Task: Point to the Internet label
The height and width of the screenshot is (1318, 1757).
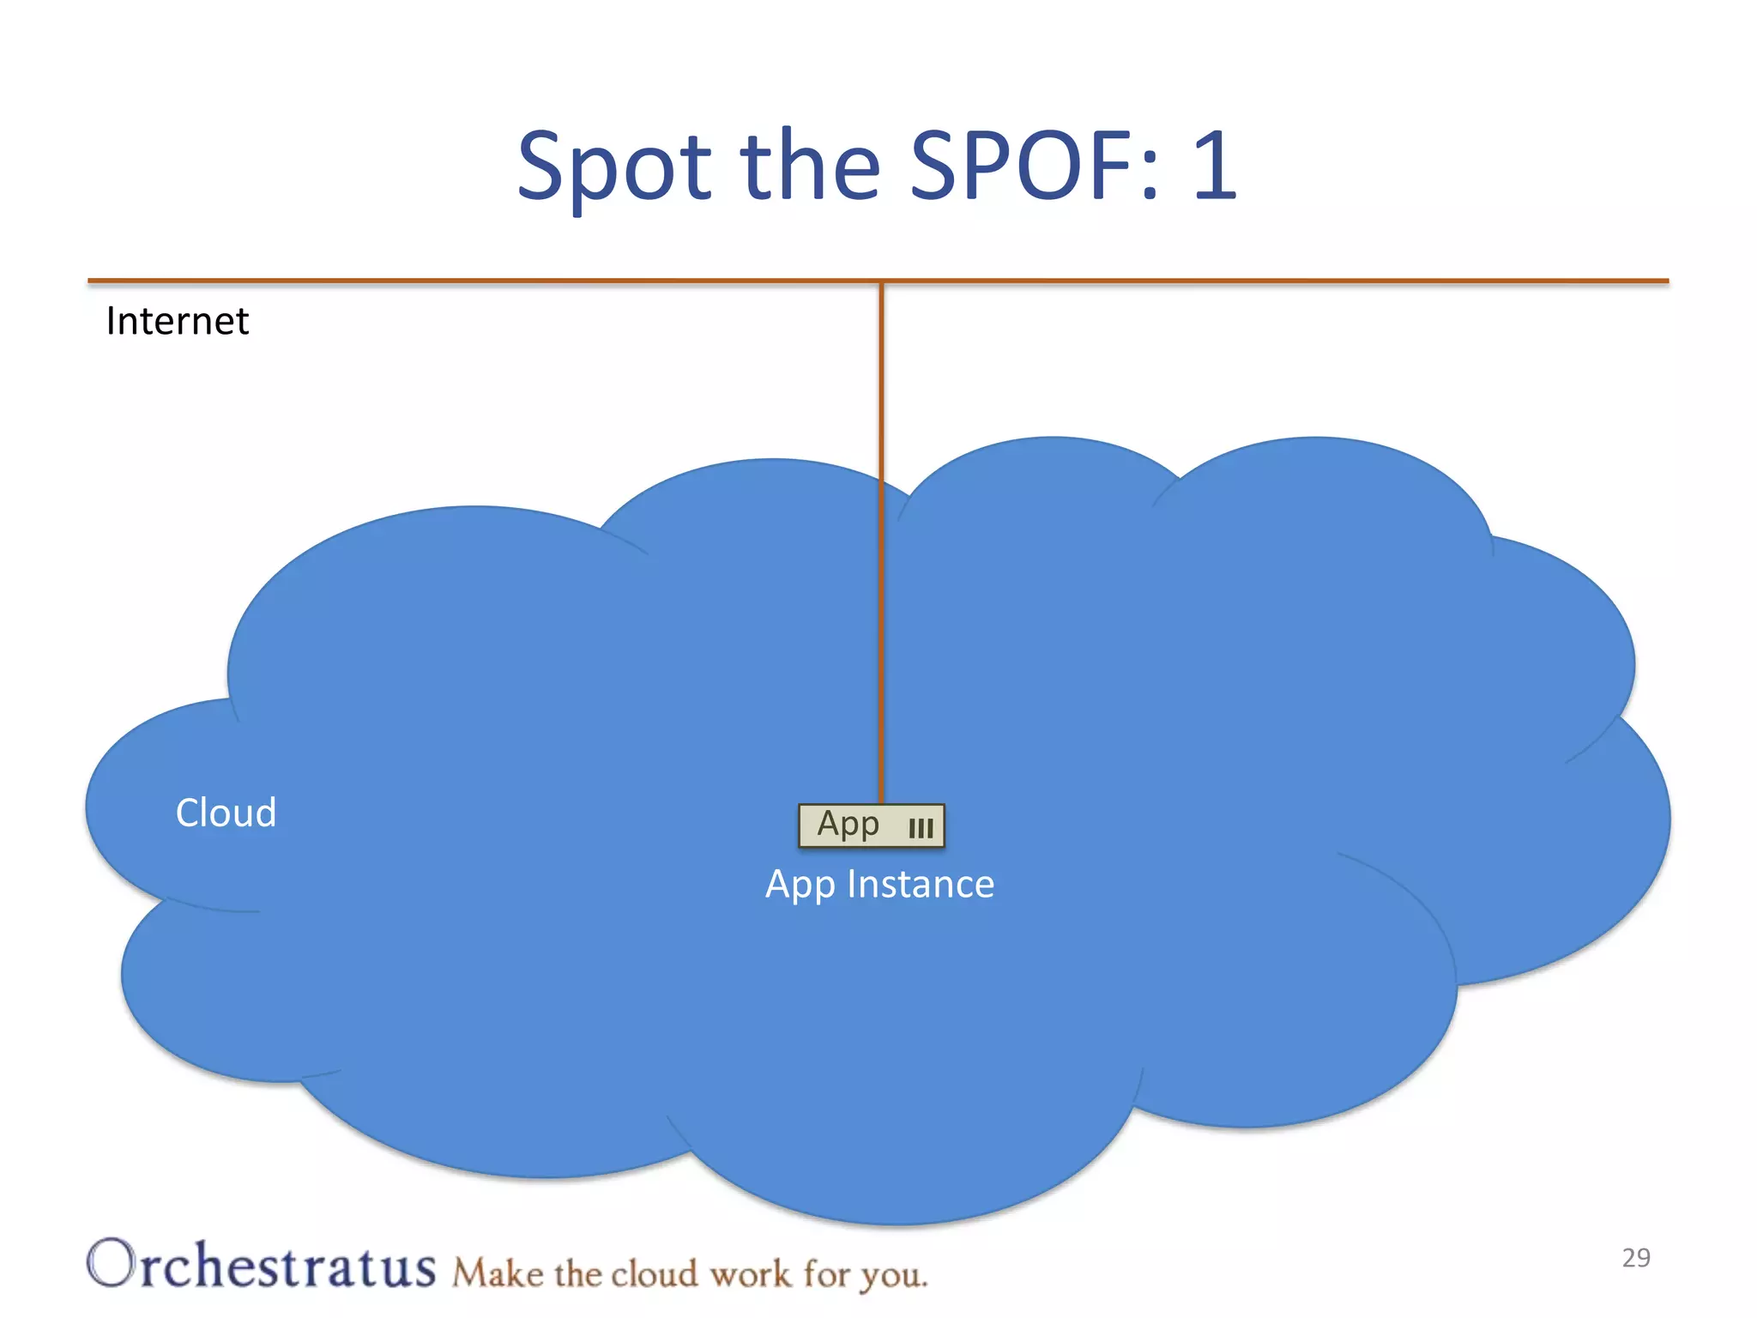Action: coord(177,322)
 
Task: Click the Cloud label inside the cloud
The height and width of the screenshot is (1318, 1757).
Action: coord(226,813)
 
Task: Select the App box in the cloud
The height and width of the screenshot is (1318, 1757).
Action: coord(871,825)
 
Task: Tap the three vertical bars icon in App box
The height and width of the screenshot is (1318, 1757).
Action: coord(921,828)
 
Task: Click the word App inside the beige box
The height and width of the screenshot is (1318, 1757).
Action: coord(848,824)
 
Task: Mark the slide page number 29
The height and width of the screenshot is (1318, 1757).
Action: coord(1636,1258)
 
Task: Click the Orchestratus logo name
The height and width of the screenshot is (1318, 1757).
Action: coord(262,1265)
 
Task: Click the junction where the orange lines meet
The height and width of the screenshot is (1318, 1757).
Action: coord(881,281)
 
